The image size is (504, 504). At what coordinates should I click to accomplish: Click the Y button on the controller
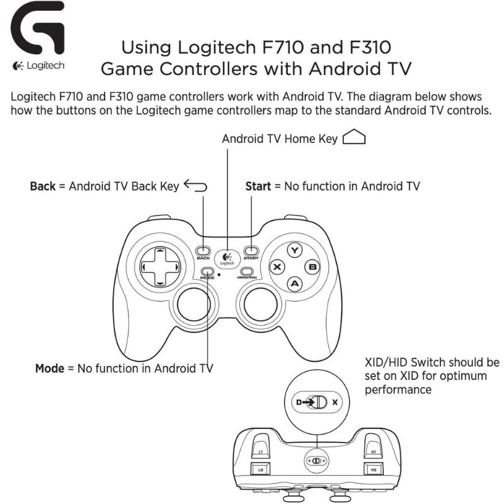(294, 250)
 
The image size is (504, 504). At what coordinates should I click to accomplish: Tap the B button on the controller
(312, 267)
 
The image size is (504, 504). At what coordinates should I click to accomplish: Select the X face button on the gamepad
(277, 267)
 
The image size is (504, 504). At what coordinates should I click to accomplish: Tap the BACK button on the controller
(203, 250)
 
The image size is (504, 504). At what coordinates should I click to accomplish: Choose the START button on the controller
(251, 250)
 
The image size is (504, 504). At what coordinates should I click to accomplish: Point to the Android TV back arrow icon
(195, 185)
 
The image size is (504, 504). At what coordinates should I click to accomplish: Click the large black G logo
(38, 28)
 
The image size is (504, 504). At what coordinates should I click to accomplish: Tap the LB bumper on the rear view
(260, 469)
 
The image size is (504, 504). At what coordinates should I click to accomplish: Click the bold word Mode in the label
(50, 369)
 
